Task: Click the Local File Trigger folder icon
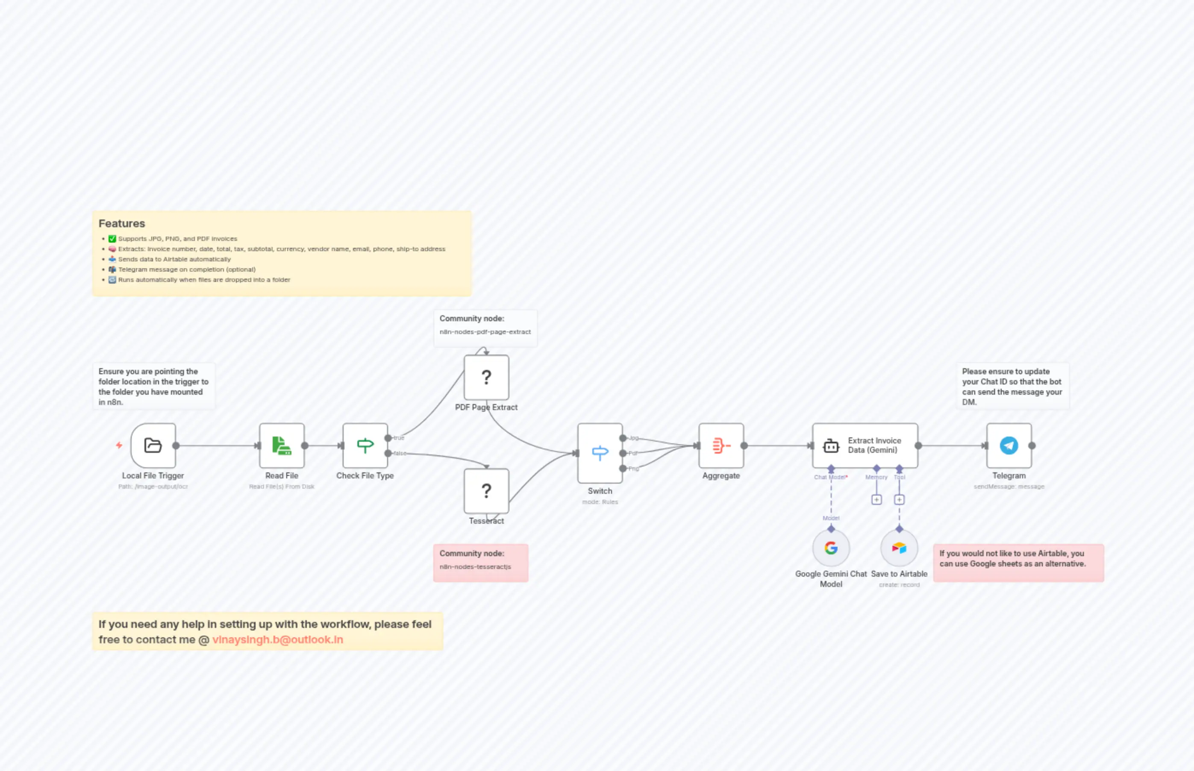153,445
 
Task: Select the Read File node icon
282,445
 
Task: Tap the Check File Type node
365,445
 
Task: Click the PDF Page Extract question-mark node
486,377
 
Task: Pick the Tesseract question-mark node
486,491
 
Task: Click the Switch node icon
600,453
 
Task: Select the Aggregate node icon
721,445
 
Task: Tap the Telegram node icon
1009,445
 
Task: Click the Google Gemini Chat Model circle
831,548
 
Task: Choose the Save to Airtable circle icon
899,548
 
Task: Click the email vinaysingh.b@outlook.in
277,639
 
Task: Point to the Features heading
122,223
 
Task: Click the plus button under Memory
876,500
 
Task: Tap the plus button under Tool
899,500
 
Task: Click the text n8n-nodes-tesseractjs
475,567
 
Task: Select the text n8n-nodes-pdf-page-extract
485,331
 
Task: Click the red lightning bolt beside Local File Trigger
119,445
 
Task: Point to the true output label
399,437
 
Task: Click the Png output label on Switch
634,469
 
